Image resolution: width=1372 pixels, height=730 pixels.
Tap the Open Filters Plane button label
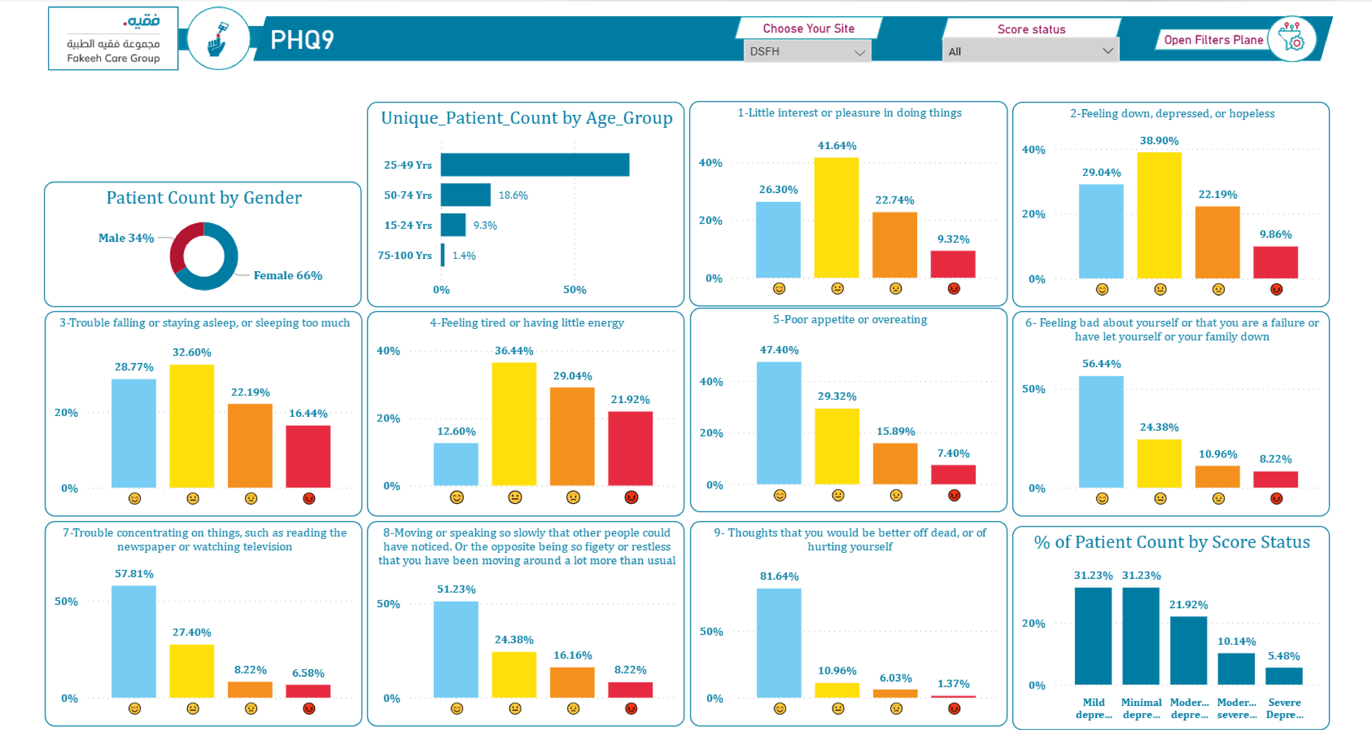[1213, 40]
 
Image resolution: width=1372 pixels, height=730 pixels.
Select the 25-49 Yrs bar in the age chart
[535, 165]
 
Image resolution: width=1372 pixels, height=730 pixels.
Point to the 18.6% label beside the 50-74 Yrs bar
[513, 196]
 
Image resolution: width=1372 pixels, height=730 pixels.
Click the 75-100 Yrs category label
[405, 255]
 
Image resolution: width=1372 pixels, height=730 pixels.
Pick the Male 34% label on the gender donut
[126, 238]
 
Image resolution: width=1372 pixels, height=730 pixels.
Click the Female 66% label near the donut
[288, 275]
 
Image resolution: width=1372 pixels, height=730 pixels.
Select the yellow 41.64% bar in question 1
[836, 217]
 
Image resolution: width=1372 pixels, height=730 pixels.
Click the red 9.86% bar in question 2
[1275, 262]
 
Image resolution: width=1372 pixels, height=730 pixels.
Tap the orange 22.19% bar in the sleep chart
[250, 446]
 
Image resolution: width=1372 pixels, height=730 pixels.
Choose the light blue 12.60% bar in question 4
[456, 464]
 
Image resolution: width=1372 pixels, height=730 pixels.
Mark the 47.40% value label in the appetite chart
[779, 350]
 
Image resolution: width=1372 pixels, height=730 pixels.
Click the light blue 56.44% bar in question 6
[1101, 431]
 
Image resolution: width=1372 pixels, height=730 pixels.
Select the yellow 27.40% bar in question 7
[192, 671]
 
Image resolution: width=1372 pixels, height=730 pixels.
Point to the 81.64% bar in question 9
[779, 643]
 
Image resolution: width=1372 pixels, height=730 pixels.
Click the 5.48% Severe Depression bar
[1284, 676]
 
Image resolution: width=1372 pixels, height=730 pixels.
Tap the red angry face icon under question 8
[631, 709]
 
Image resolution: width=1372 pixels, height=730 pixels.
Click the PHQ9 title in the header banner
[302, 39]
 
